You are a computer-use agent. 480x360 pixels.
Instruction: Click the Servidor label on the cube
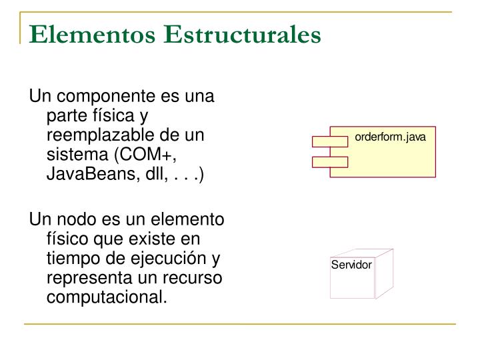pyautogui.click(x=351, y=265)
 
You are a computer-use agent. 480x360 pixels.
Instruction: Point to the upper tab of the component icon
pyautogui.click(x=329, y=141)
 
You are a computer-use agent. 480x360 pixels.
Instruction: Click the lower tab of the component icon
pyautogui.click(x=329, y=161)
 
